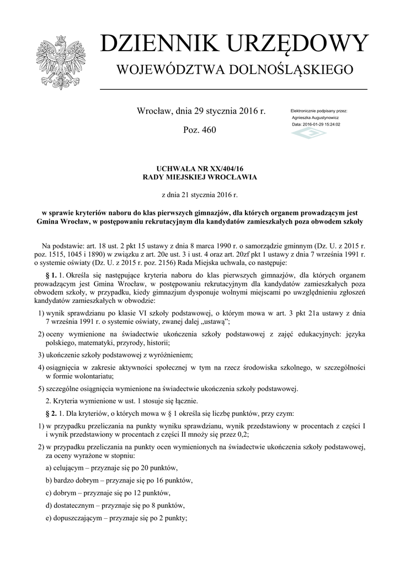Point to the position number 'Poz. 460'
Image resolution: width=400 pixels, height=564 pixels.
click(199, 130)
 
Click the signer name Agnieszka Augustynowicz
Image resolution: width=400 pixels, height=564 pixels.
click(315, 118)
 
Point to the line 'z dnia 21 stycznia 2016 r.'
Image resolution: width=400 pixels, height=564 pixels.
click(199, 195)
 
